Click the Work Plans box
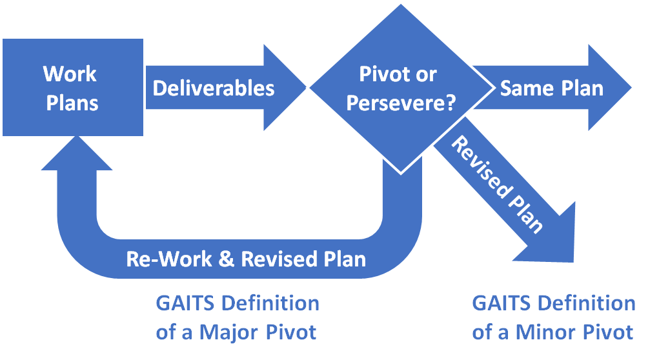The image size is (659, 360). click(72, 87)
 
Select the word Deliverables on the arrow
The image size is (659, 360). click(213, 88)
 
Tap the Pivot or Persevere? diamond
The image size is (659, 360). click(398, 88)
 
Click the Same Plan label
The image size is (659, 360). click(551, 88)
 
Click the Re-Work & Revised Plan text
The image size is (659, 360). click(246, 259)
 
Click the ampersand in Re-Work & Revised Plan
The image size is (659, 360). click(227, 259)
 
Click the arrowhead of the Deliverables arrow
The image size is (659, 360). click(284, 88)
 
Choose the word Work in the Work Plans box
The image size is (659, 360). click(70, 74)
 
